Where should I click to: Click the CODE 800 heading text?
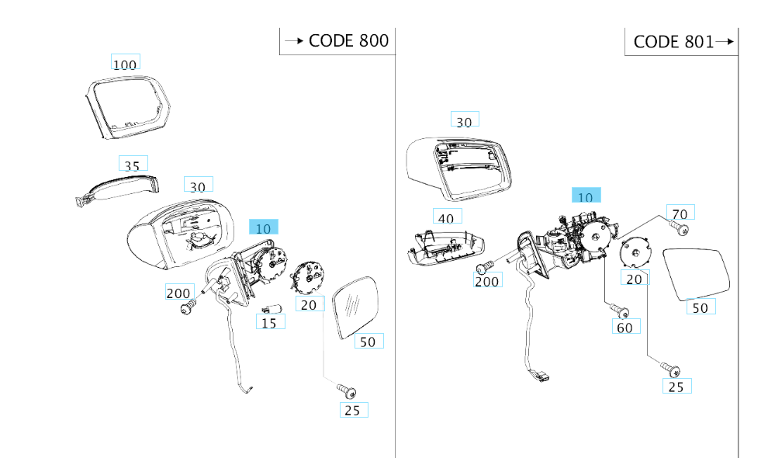(348, 41)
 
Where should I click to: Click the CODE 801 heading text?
(673, 42)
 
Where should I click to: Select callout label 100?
(125, 64)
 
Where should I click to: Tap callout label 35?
(133, 165)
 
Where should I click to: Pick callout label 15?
(268, 322)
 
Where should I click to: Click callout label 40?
(446, 218)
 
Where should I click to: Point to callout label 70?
(680, 213)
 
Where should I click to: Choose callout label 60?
(624, 327)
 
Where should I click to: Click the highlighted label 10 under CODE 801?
(586, 197)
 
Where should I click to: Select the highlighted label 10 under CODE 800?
(263, 228)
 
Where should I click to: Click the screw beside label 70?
(681, 230)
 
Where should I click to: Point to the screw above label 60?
(620, 310)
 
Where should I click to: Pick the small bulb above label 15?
(267, 309)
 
